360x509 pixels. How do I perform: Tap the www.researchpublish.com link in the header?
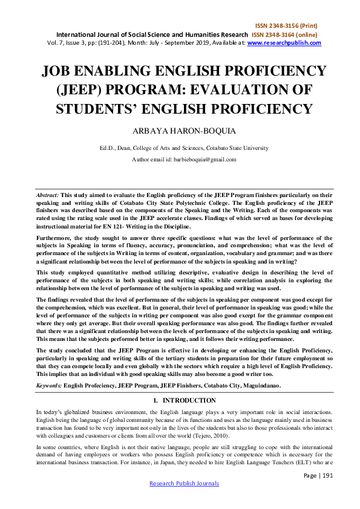pyautogui.click(x=284, y=43)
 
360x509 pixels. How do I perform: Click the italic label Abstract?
pyautogui.click(x=48, y=180)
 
